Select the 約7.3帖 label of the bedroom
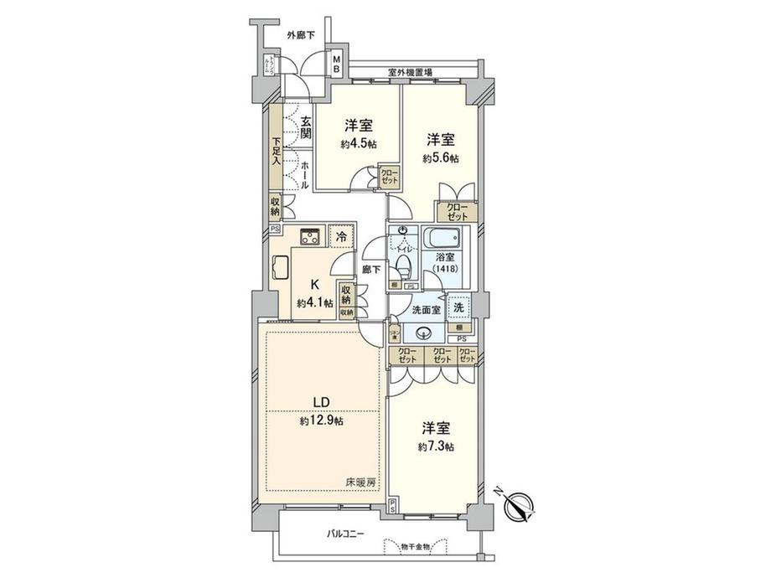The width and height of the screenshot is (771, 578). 437,446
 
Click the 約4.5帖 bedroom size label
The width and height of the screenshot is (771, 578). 359,144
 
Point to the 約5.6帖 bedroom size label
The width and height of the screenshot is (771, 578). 440,157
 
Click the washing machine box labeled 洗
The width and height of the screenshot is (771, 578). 458,307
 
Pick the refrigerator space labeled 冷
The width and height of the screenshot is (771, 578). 340,236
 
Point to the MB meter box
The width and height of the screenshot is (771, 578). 335,65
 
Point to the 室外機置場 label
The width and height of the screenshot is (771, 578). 410,73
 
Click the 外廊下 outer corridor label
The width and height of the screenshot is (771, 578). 299,35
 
